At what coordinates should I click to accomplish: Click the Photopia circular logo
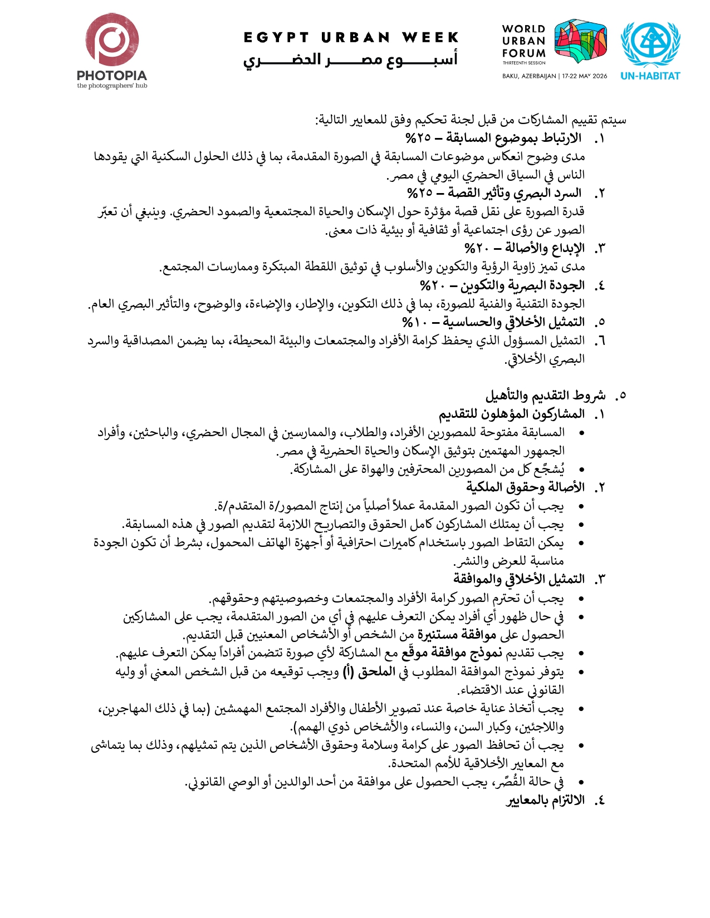112,40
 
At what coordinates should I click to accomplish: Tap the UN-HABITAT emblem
650,45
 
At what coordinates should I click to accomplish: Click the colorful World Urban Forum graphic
580,41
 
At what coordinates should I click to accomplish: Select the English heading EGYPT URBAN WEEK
351,38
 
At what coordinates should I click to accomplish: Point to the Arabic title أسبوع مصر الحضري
351,60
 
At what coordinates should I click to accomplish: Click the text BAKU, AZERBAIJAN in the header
528,76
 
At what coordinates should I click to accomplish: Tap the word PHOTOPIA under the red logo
112,75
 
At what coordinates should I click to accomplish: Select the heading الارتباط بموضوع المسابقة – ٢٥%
493,138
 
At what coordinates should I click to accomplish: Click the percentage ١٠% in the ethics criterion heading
414,322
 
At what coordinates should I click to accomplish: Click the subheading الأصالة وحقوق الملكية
525,487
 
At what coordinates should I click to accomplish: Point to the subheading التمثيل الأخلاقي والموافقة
518,579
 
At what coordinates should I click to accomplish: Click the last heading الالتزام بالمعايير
545,800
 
